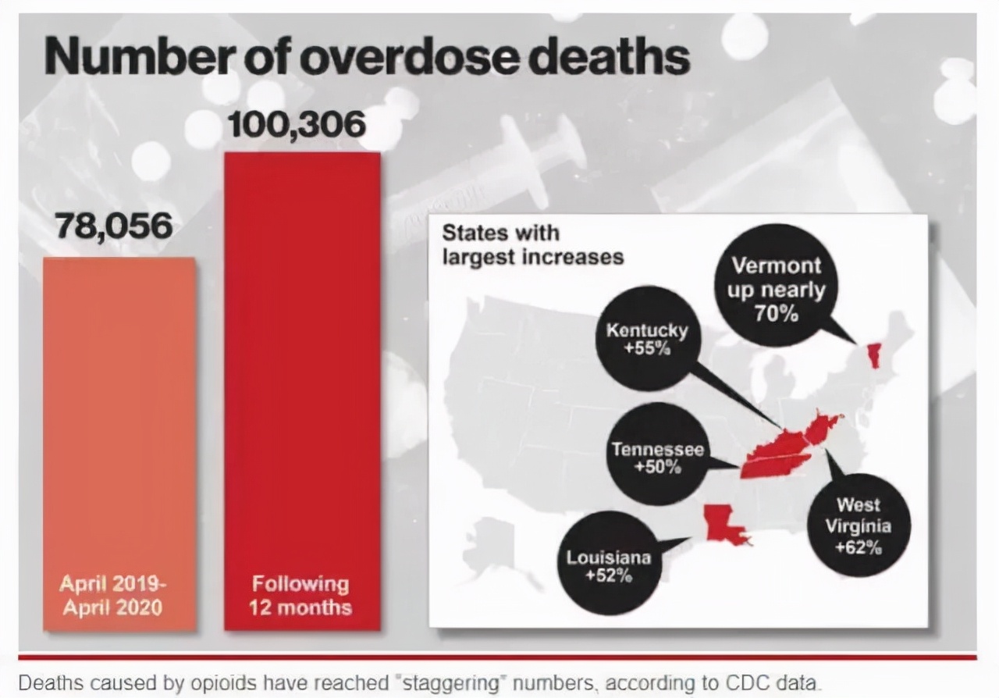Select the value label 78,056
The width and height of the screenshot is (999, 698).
click(114, 226)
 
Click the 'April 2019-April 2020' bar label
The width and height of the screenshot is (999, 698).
click(113, 595)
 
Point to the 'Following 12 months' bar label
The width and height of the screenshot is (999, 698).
click(300, 595)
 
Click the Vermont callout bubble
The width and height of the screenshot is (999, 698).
click(777, 289)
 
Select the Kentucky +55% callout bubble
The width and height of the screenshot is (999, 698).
click(647, 339)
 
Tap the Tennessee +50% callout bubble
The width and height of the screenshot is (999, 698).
click(658, 456)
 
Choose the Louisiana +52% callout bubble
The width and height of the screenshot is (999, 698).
click(609, 564)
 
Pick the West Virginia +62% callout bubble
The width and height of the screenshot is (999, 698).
click(858, 525)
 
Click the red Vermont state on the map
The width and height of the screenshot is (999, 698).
click(873, 356)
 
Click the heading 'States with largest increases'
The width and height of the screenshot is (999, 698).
click(532, 244)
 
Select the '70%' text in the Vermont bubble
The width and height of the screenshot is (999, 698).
click(776, 314)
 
